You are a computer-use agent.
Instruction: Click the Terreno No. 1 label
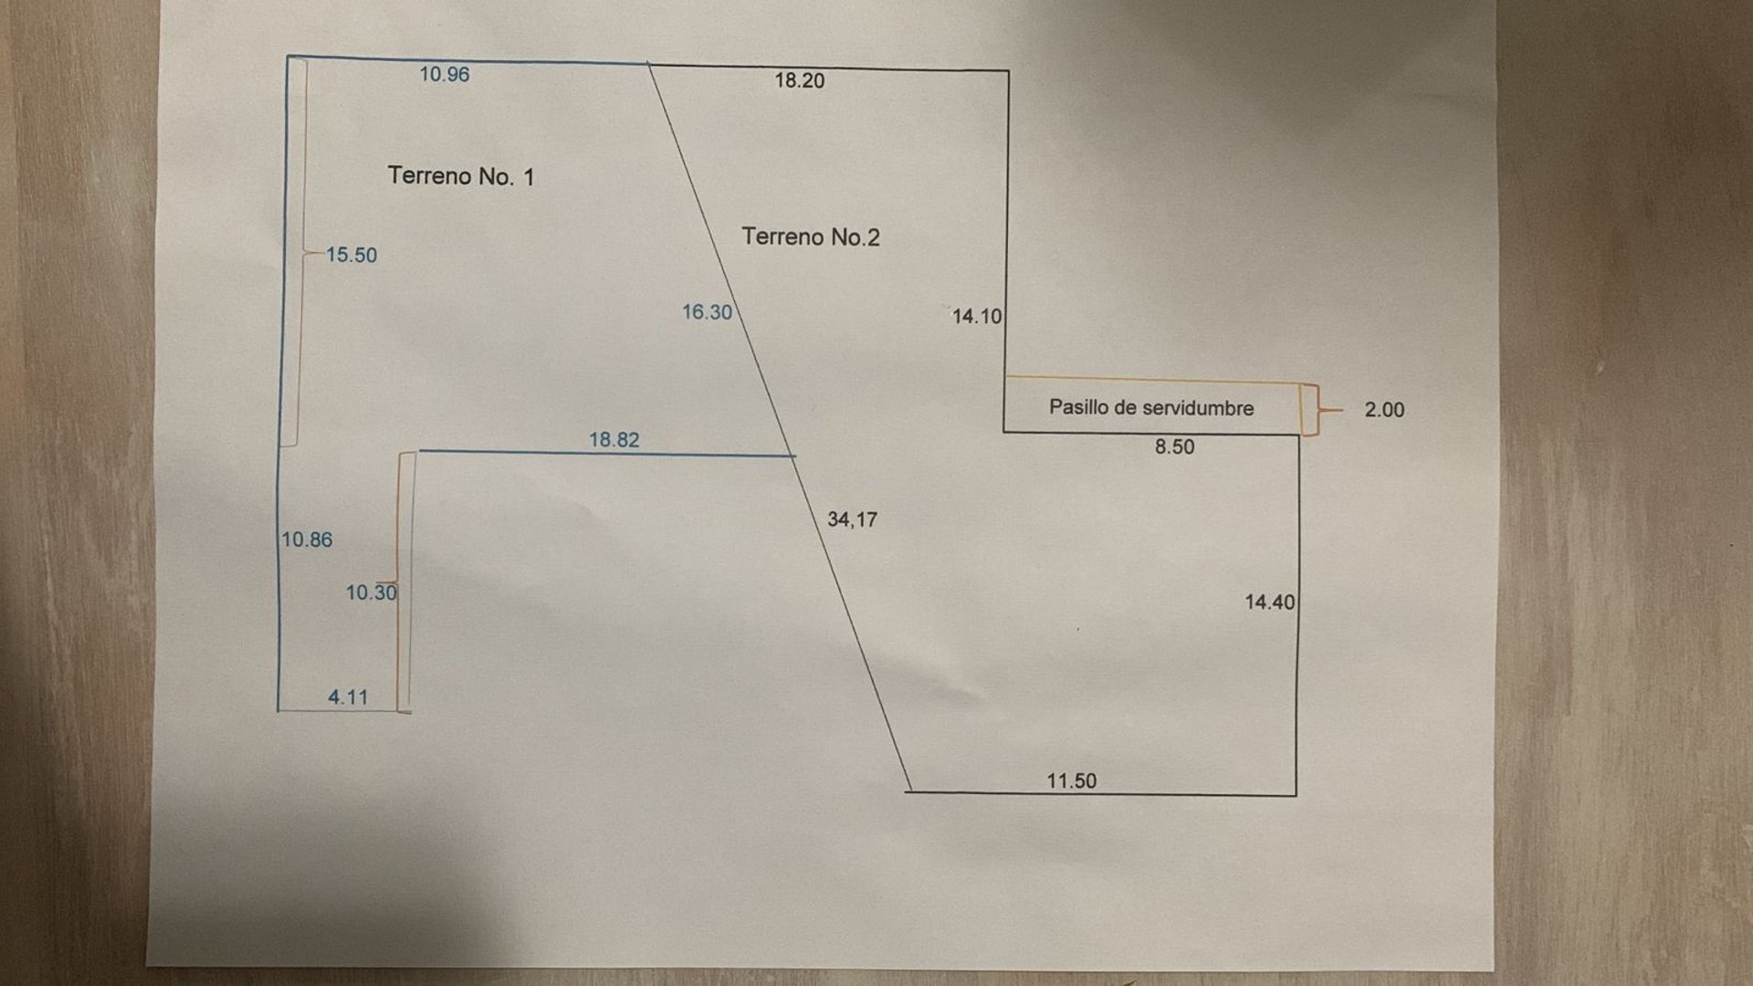[461, 176]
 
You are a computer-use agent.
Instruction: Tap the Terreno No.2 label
[811, 237]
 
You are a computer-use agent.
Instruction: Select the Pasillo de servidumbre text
[1151, 408]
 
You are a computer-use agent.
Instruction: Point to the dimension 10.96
[445, 75]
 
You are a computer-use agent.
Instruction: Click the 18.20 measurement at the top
[800, 80]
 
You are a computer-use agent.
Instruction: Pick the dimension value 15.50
[352, 256]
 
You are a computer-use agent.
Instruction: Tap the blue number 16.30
[708, 312]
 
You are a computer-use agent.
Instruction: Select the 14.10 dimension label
[977, 317]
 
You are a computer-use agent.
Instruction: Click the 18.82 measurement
[614, 440]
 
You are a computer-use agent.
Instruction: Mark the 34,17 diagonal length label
[852, 519]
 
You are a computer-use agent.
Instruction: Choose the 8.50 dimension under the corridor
[1174, 447]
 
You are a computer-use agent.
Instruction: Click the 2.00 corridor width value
[1384, 410]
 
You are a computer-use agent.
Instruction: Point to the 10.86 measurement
[307, 540]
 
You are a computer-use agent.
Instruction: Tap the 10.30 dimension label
[371, 593]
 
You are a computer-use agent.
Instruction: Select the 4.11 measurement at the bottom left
[348, 698]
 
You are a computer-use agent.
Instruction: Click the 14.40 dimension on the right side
[1270, 603]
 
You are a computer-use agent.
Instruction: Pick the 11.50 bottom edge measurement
[1072, 781]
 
